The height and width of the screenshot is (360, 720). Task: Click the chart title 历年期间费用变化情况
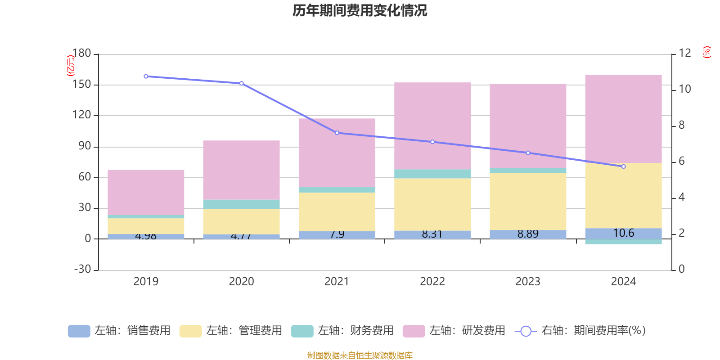(x=360, y=10)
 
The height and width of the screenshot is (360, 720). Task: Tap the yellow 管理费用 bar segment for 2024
(x=623, y=195)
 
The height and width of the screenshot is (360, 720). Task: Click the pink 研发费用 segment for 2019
(x=146, y=192)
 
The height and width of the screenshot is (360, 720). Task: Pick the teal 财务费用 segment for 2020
(x=241, y=204)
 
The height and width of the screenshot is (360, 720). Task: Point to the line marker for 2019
(x=146, y=76)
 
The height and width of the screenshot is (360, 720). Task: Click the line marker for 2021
(x=337, y=133)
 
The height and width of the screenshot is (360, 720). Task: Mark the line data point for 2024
(x=623, y=166)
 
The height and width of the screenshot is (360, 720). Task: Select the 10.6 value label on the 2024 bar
(x=623, y=233)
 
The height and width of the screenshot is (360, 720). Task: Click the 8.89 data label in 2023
(x=528, y=234)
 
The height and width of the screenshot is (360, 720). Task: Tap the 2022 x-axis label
(x=432, y=282)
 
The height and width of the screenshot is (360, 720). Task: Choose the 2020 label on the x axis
(x=241, y=282)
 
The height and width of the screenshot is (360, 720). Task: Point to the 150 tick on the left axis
(x=82, y=85)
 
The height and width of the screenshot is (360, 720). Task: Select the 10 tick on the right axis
(x=685, y=89)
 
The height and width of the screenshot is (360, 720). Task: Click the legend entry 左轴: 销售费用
(x=119, y=331)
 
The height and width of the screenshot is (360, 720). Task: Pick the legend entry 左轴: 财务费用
(x=342, y=331)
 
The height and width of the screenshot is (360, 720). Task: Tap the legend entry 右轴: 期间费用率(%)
(x=580, y=331)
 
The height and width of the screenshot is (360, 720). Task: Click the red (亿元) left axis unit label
(x=70, y=66)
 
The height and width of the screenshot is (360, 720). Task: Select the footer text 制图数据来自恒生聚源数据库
(x=360, y=355)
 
